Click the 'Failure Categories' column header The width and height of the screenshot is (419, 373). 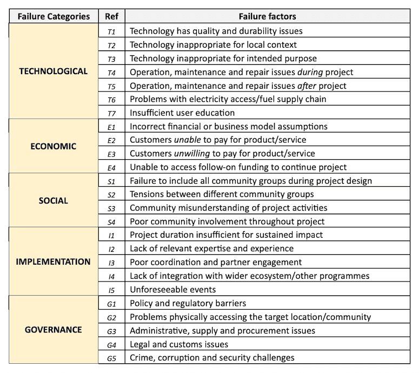[x=54, y=16]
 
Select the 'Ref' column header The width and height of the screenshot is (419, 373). [x=111, y=16]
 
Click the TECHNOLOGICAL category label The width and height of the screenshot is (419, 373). [x=53, y=71]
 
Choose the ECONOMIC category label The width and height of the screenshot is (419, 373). [x=54, y=146]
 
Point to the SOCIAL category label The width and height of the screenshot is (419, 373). [x=54, y=201]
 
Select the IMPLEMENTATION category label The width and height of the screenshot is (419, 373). [x=53, y=262]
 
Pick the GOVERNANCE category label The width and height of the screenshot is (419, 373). [x=53, y=330]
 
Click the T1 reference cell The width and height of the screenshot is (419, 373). [x=111, y=31]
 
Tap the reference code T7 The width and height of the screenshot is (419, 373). [x=111, y=113]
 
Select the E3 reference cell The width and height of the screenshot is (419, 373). [x=111, y=154]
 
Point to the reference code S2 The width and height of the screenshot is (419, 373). [x=111, y=194]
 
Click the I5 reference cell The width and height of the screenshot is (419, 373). [x=111, y=290]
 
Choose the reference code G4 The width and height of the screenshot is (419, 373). [x=111, y=344]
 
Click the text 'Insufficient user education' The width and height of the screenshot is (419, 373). [x=182, y=113]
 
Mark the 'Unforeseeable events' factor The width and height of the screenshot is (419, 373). [x=173, y=290]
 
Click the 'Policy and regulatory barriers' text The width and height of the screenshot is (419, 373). [x=187, y=303]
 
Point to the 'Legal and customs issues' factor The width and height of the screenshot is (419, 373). [x=179, y=344]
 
